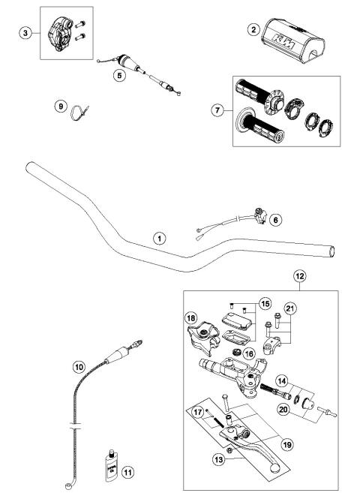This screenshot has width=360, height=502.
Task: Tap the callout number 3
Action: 25,35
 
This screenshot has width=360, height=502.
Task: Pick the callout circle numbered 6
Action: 275,220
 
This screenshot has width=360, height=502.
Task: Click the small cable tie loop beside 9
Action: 77,115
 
